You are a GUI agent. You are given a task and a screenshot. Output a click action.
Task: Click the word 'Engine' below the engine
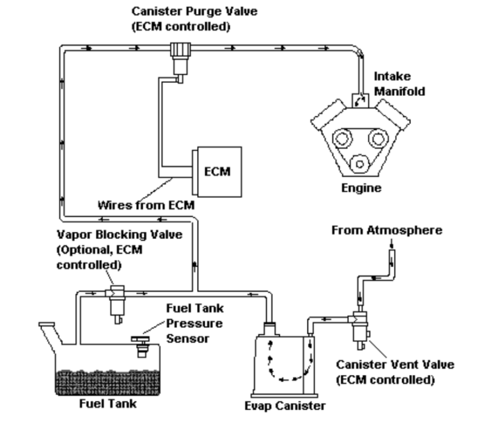tap(362, 188)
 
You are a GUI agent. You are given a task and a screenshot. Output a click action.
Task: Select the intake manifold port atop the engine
tap(360, 101)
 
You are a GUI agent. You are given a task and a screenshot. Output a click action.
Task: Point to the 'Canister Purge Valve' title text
tap(182, 11)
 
